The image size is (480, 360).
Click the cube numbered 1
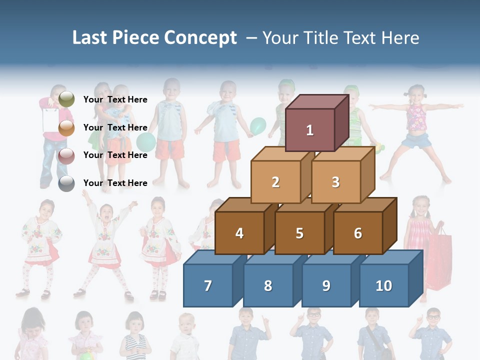pos(310,130)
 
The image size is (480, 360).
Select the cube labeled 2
pos(275,182)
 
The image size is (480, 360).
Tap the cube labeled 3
pos(335,182)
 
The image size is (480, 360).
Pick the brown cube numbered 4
pos(239,233)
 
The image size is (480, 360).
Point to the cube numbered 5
pos(299,233)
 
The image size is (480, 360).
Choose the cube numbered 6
pos(358,233)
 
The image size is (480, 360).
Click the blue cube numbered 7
pos(208,285)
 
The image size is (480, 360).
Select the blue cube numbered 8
pos(268,285)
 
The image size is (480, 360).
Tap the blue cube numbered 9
pos(326,285)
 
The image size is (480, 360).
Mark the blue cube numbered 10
pos(384,285)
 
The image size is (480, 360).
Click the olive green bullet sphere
pos(66,99)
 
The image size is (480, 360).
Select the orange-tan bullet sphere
pos(66,128)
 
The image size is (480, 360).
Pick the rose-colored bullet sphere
pos(66,156)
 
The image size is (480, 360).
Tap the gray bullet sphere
pos(66,183)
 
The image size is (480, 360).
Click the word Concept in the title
pos(200,38)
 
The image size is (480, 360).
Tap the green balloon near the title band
pos(258,126)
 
